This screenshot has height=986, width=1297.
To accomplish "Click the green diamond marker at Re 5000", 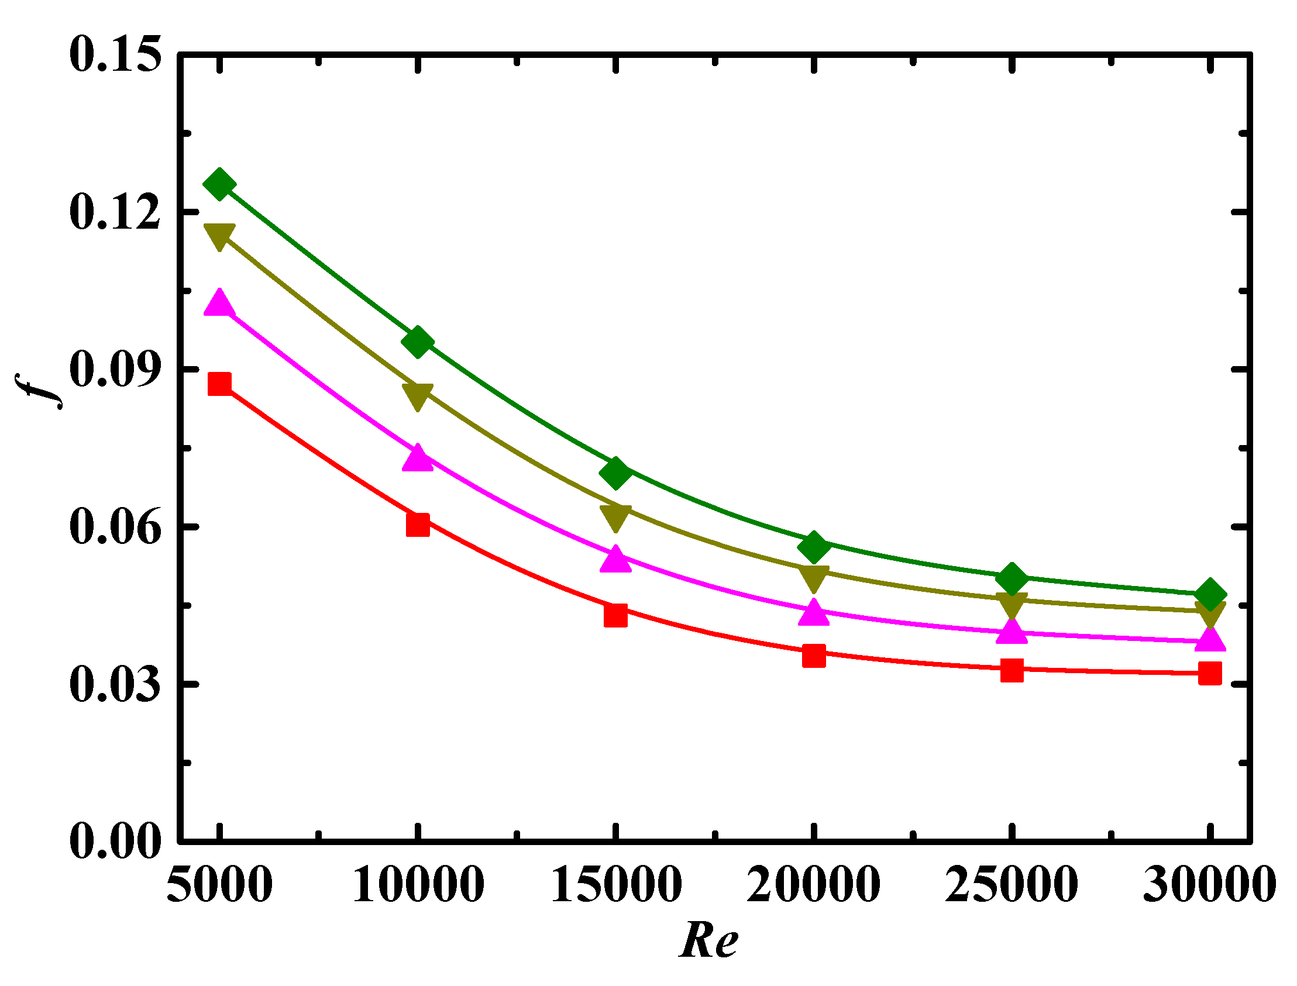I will coord(219,184).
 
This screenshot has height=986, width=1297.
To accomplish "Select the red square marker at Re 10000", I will coord(418,524).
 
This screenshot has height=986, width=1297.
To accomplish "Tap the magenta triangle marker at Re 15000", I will coord(615,559).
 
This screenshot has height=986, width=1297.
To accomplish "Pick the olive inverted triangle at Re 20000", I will coord(814,578).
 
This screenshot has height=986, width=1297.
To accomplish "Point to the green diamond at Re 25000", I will coord(1012,579).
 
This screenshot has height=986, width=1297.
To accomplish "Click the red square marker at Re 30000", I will coord(1209,673).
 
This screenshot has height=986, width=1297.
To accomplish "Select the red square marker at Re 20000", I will coord(814,656).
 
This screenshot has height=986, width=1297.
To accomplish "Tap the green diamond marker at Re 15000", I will coord(615,473).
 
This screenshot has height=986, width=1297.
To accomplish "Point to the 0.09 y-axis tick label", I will coord(115,370).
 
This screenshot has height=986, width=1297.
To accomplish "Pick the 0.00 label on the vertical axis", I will coord(115,842).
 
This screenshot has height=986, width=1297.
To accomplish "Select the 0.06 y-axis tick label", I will coord(115,527).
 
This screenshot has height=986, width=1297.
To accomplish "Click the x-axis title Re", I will coord(708,942).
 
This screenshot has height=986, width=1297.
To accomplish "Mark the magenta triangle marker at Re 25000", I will coord(1012,632).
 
